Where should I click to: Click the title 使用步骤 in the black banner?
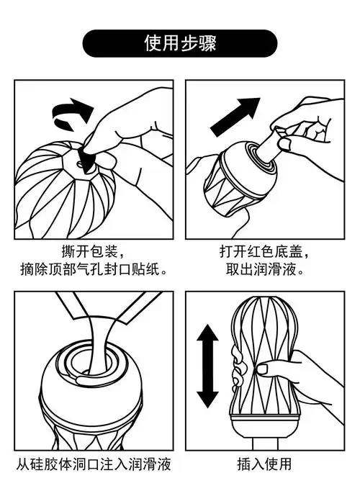click(x=180, y=42)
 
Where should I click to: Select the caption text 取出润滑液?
click(x=263, y=271)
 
